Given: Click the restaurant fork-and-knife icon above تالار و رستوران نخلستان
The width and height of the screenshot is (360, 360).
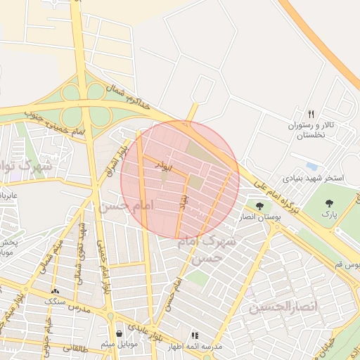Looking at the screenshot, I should tap(311, 113).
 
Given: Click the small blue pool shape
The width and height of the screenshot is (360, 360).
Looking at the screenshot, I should tap(311, 167).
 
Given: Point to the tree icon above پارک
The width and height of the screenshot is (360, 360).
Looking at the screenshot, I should tap(328, 203).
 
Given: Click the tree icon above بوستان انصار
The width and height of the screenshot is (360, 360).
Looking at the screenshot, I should tap(260, 206).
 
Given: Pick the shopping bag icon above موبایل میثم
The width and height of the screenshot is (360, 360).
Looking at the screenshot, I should tap(120, 331).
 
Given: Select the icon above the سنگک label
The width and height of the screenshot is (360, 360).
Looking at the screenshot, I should tap(56, 290).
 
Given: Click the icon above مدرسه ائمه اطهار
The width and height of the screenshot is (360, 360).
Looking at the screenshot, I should tap(195, 335).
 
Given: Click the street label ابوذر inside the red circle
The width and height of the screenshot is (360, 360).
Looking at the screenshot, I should tap(163, 167).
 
